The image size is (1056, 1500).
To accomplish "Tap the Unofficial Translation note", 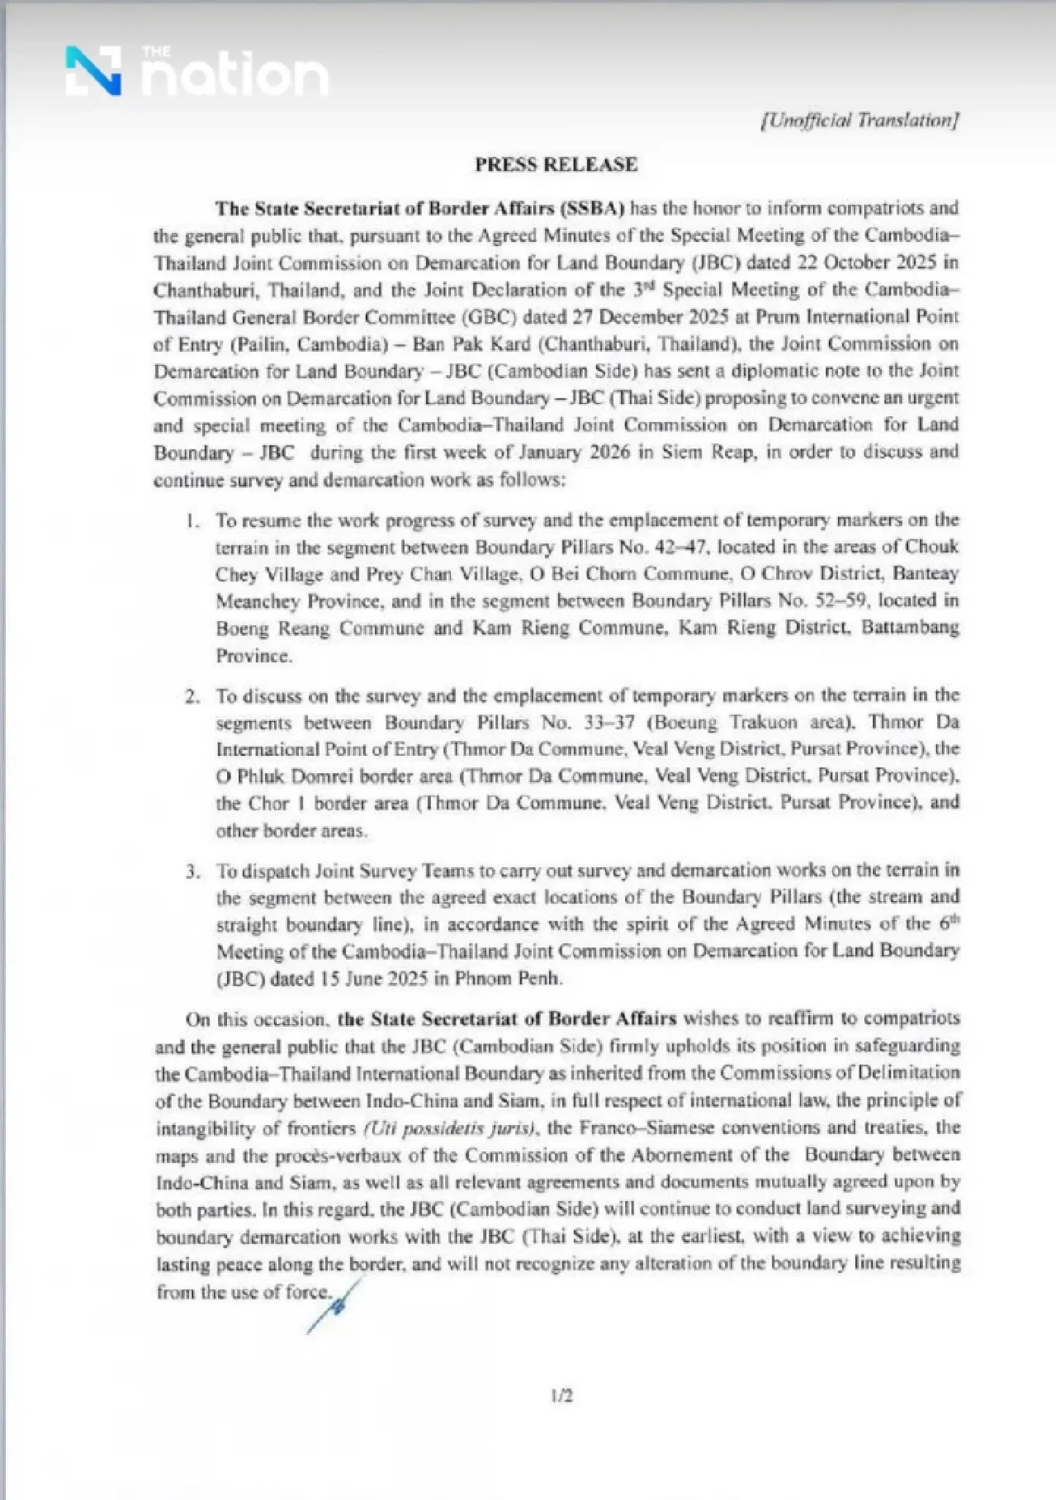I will (860, 120).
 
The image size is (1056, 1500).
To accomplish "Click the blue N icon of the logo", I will (93, 71).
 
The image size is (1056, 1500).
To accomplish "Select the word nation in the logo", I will (235, 77).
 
